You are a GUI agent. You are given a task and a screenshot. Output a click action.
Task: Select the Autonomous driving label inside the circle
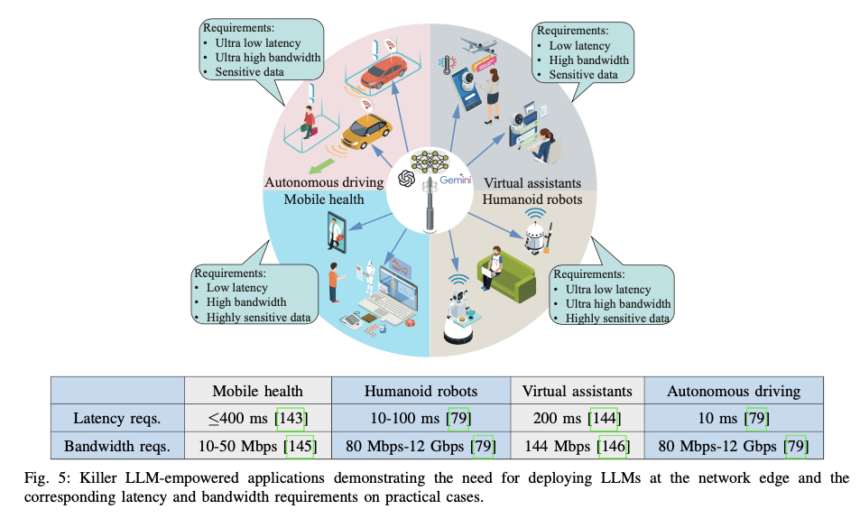tap(324, 181)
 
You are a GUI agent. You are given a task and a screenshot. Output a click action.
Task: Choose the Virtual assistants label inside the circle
tap(532, 181)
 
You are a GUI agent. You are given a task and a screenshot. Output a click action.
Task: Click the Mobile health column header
tap(258, 391)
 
